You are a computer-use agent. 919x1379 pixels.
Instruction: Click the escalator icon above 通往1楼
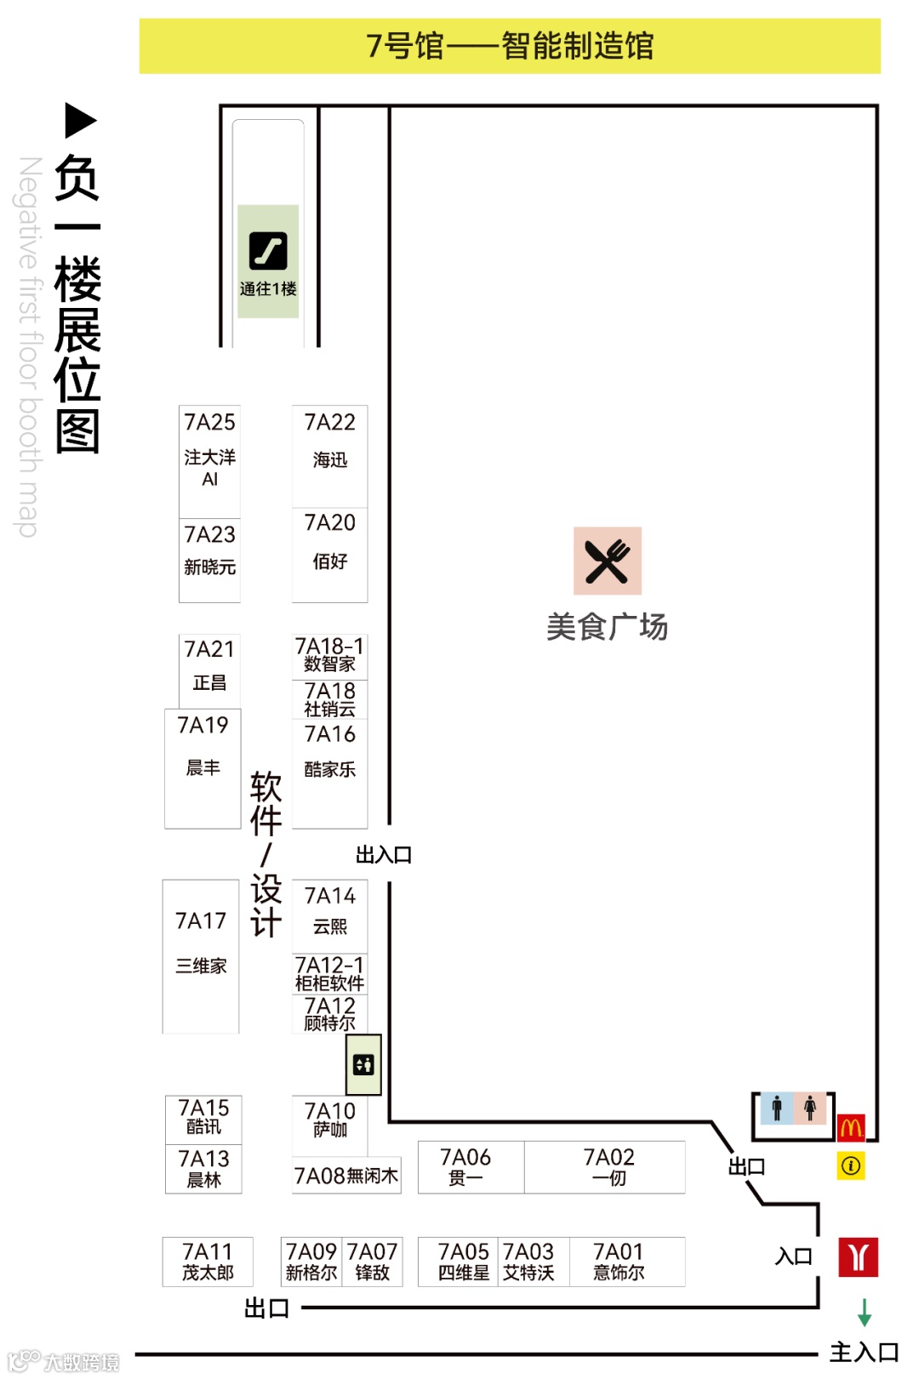click(268, 251)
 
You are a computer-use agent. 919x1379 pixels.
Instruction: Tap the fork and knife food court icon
click(607, 561)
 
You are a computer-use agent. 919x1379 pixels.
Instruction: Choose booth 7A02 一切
click(608, 1166)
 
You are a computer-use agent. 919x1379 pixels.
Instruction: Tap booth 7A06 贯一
click(465, 1166)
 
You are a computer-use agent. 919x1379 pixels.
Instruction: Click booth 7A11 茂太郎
click(208, 1261)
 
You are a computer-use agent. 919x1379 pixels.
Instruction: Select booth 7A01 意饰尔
click(619, 1261)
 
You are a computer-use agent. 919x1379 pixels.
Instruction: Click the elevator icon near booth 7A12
click(363, 1064)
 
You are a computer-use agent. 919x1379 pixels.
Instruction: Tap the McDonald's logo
click(851, 1128)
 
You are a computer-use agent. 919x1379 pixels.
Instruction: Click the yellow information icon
click(850, 1165)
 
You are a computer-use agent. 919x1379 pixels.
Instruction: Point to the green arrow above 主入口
click(865, 1312)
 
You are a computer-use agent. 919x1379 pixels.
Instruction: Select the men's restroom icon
click(776, 1108)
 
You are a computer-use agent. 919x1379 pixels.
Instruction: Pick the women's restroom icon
click(810, 1108)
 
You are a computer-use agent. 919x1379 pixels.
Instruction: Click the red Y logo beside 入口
click(858, 1256)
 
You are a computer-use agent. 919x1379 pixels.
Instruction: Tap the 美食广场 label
click(607, 627)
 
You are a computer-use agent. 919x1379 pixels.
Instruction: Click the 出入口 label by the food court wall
click(384, 855)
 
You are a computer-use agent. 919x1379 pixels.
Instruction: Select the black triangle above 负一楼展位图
click(81, 120)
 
